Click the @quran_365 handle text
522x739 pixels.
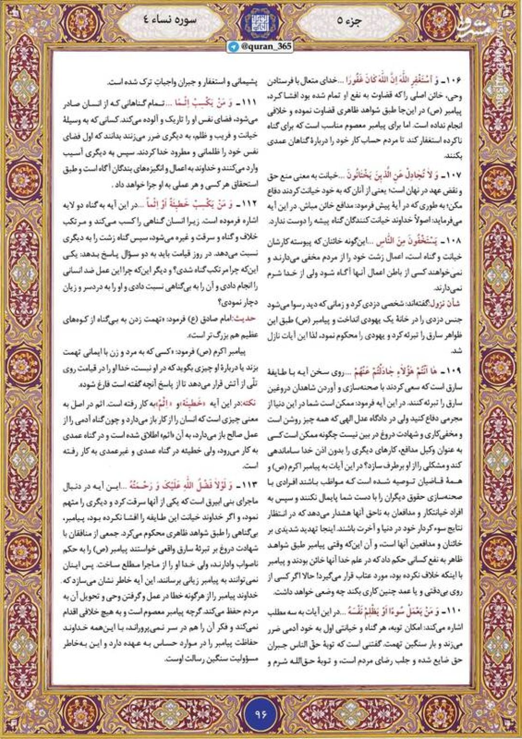265,46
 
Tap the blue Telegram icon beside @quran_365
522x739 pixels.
234,46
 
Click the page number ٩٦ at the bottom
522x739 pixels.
261,713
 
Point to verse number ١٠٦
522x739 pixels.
453,79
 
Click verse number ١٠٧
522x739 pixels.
453,174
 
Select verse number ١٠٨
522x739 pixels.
453,240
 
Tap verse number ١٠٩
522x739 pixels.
453,371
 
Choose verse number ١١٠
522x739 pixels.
453,611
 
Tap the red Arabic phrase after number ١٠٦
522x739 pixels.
392,79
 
